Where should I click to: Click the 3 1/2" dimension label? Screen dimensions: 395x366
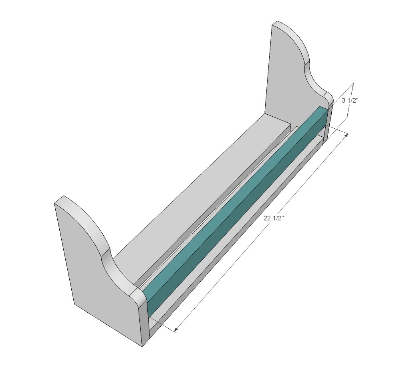[x=350, y=101]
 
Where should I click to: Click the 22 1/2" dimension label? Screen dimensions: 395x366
[x=274, y=218]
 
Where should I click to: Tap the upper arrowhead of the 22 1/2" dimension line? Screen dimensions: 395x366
[x=347, y=136]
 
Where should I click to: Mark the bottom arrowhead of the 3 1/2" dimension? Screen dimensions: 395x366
[x=348, y=115]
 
